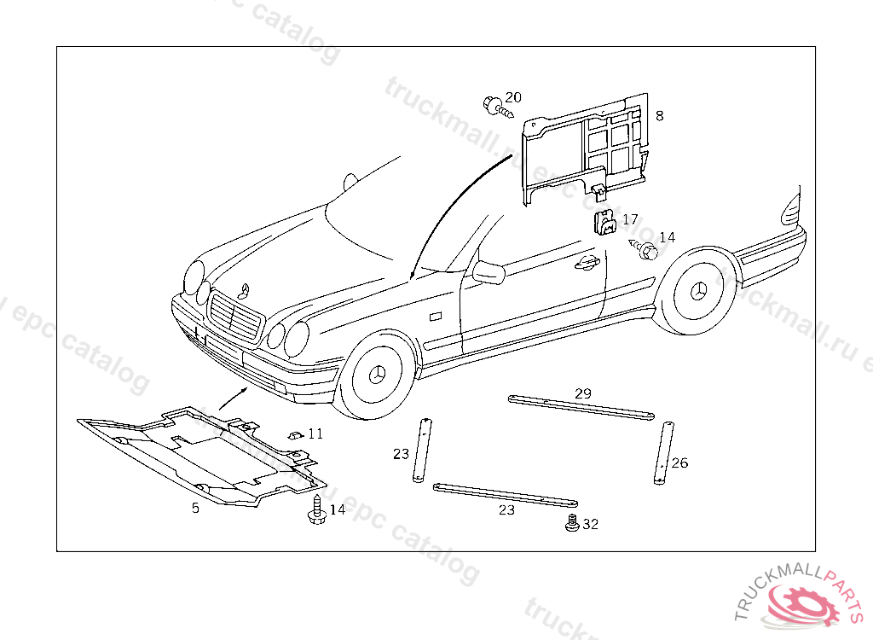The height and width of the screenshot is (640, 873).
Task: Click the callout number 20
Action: click(513, 97)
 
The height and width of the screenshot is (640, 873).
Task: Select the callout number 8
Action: click(659, 115)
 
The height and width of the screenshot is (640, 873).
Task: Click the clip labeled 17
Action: click(604, 222)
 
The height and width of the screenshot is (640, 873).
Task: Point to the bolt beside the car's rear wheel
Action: click(647, 251)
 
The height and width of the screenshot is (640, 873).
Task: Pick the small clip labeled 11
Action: click(295, 434)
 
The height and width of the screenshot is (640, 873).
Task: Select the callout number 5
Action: click(195, 508)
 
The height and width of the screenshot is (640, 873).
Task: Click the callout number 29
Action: click(582, 393)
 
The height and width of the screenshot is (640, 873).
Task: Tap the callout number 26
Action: click(679, 463)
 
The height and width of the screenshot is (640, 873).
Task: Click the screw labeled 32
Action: click(572, 523)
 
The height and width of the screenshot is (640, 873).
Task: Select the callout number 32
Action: click(590, 524)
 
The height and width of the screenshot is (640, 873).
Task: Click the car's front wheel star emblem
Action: click(375, 376)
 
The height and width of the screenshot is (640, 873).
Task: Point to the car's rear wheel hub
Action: click(697, 290)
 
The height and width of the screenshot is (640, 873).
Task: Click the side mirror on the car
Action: click(488, 272)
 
